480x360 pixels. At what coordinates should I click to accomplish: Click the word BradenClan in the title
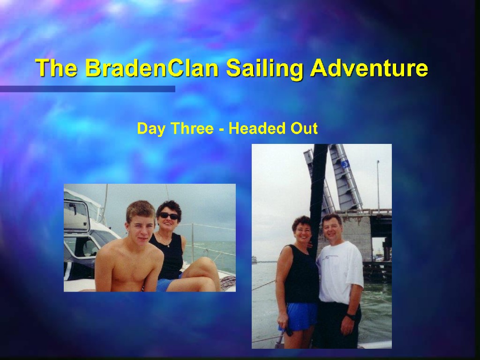[151, 68]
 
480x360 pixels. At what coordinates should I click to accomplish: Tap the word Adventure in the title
[369, 68]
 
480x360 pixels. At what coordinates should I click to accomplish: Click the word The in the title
[56, 68]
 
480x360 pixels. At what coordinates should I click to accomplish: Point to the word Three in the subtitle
[192, 128]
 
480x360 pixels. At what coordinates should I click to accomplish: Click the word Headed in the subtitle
[257, 128]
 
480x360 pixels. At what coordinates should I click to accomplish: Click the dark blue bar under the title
[88, 89]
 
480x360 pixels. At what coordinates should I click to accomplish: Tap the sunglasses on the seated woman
[168, 216]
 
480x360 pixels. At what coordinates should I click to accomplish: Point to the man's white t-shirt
[340, 272]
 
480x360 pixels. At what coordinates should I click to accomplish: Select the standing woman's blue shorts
[298, 316]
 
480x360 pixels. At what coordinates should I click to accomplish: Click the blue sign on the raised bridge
[345, 165]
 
